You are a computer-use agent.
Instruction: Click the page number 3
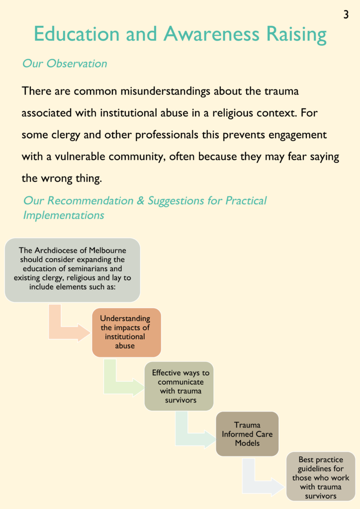(346, 14)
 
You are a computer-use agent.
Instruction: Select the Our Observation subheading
(65, 63)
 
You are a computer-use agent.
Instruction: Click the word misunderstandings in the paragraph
(165, 91)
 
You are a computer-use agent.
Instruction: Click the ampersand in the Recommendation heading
(140, 201)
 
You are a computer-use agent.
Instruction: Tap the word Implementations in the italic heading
(64, 215)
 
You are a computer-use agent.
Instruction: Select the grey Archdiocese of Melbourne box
(73, 270)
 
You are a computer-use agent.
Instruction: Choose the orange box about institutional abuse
(127, 333)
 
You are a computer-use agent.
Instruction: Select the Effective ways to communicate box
(179, 386)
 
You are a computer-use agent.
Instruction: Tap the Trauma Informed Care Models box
(247, 434)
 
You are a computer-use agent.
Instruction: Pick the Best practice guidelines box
(321, 477)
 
